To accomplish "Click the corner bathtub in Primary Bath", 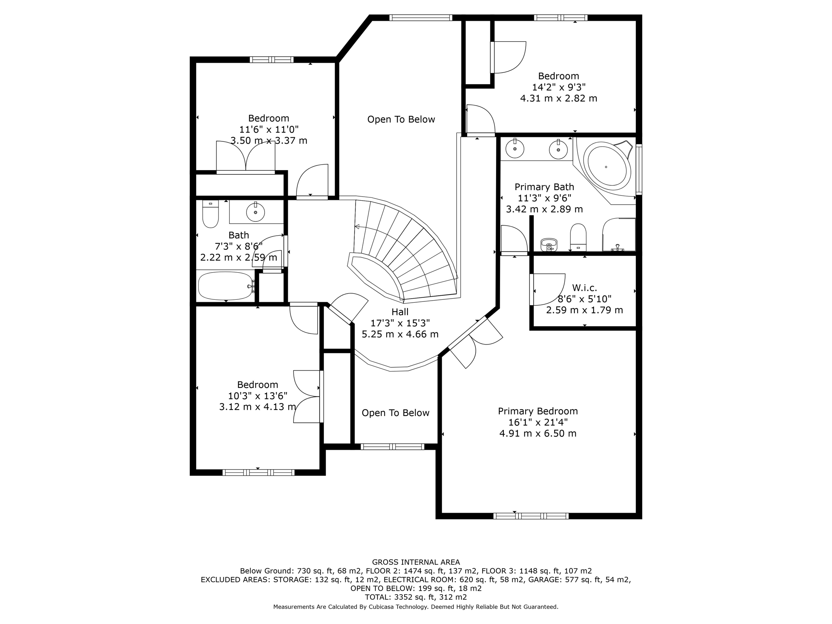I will click(x=607, y=167).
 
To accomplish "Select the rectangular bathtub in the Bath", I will click(x=225, y=286).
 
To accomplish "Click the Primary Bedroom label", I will click(x=538, y=411).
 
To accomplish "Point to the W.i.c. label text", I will click(x=585, y=288).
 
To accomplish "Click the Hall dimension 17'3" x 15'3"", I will click(x=400, y=323).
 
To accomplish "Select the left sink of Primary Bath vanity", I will click(x=515, y=148).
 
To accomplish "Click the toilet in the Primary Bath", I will click(x=578, y=237).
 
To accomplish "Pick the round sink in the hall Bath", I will click(x=256, y=212).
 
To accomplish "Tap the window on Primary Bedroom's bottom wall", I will click(x=531, y=516).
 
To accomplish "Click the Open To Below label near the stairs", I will click(x=401, y=119).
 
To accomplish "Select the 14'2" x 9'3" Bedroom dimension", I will click(x=559, y=87).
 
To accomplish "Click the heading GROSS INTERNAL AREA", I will click(x=416, y=562).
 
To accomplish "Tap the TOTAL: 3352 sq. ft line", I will click(x=416, y=597).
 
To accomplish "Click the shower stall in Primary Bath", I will click(x=619, y=235).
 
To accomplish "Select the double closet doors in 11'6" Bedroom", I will click(x=245, y=157).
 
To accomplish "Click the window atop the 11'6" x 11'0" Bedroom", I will click(x=271, y=60).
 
